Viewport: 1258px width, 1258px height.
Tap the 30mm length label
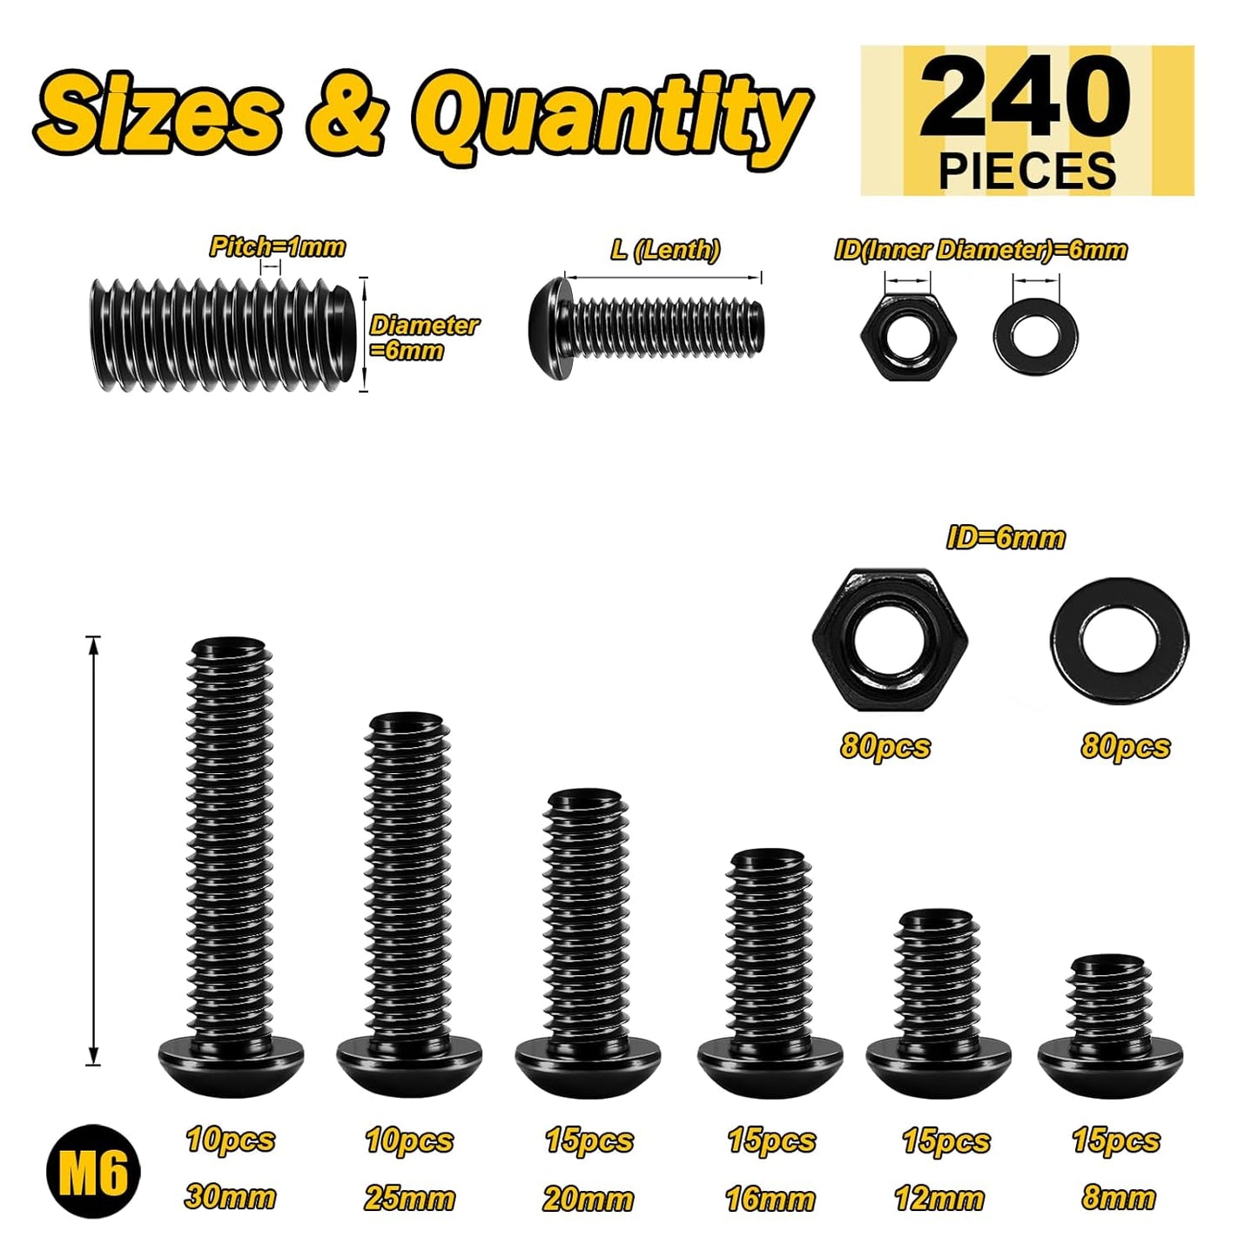230,1197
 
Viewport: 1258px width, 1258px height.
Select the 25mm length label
409,1199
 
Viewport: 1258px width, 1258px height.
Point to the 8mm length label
1119,1198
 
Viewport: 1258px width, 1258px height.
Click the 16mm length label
770,1199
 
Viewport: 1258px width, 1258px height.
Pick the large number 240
1026,98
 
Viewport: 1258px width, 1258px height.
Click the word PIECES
1027,171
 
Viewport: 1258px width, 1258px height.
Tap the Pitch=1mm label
278,246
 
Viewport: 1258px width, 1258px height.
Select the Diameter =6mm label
424,338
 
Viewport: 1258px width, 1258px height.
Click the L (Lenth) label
665,249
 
